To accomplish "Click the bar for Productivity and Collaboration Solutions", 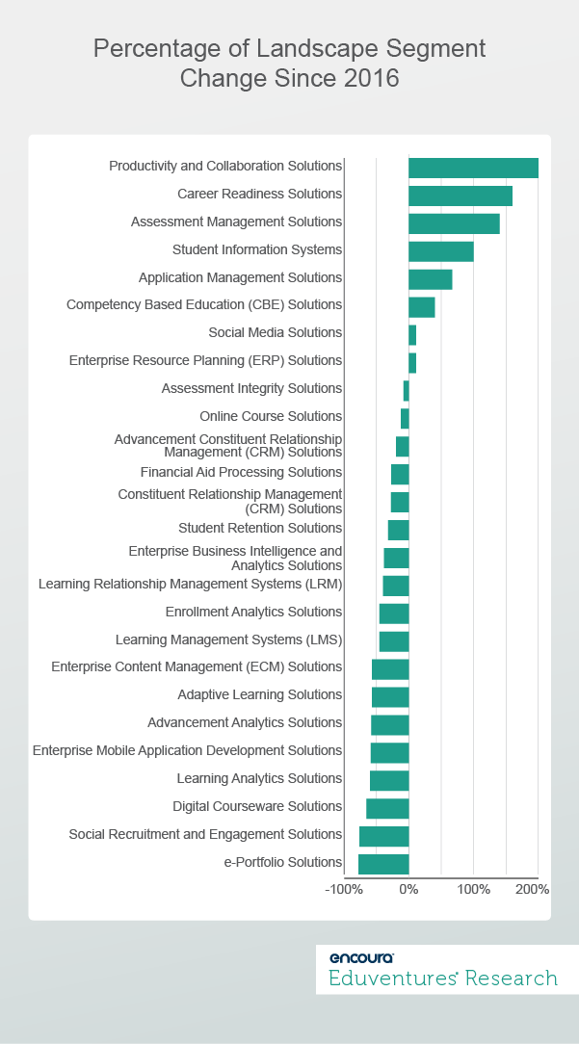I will click(x=473, y=168).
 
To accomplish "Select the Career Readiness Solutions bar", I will click(x=461, y=196).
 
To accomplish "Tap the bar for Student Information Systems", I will click(x=441, y=251).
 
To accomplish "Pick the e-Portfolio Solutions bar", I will click(x=383, y=864).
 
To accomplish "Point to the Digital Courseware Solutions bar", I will click(x=387, y=808).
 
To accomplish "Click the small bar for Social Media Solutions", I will click(x=412, y=334).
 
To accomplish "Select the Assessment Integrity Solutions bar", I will click(x=406, y=390).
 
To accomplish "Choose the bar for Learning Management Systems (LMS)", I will click(x=394, y=641).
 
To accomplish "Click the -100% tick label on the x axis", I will click(x=344, y=889).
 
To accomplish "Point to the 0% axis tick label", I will click(x=408, y=889).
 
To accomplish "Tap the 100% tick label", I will click(x=473, y=889).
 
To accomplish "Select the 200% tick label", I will click(x=533, y=889).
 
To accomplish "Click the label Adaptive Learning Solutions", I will click(x=259, y=694).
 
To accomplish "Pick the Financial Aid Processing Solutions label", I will click(x=241, y=472).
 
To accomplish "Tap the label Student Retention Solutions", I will click(x=260, y=528).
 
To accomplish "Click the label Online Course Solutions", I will click(x=271, y=416).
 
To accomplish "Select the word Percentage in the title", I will click(x=152, y=48).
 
